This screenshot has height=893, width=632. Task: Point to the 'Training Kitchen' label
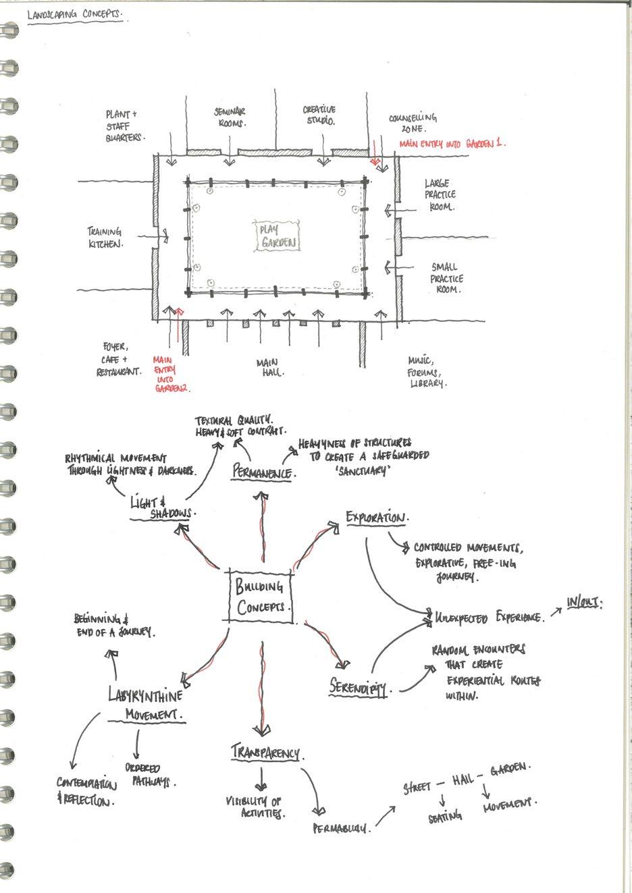pos(107,237)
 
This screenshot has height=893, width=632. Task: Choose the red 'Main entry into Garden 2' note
pos(169,375)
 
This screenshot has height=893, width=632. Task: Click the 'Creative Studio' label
pos(319,115)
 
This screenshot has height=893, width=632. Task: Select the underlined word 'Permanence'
pos(263,472)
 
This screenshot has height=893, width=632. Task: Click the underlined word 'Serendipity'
pos(359,688)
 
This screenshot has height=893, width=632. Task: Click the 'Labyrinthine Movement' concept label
pos(148,703)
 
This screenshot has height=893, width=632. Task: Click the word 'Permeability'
pos(342,828)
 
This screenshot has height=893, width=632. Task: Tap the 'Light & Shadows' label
pos(163,508)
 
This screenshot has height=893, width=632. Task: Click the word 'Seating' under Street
pos(446,816)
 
